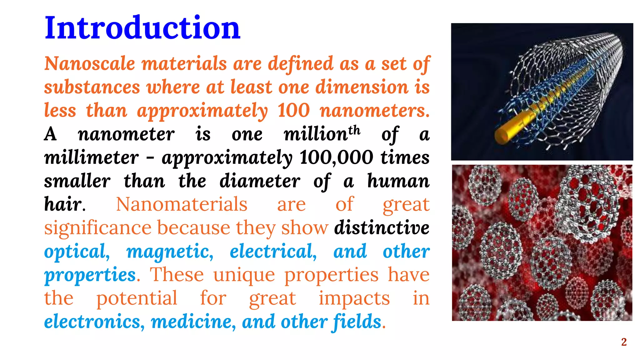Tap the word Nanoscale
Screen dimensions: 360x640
(89, 64)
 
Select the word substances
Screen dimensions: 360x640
(92, 87)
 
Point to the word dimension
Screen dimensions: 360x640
(362, 87)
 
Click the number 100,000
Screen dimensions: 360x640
(336, 157)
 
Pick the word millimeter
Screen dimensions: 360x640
(91, 157)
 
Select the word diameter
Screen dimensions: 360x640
(260, 181)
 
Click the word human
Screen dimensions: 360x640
(398, 181)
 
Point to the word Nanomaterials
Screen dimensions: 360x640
(182, 205)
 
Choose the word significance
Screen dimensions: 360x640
(97, 228)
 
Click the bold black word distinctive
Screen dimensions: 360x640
(382, 228)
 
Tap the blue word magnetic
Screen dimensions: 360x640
(170, 252)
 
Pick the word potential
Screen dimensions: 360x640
(137, 298)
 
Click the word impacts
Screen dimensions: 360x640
(354, 298)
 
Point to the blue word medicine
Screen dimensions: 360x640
(193, 322)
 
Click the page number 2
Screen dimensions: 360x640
(624, 342)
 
